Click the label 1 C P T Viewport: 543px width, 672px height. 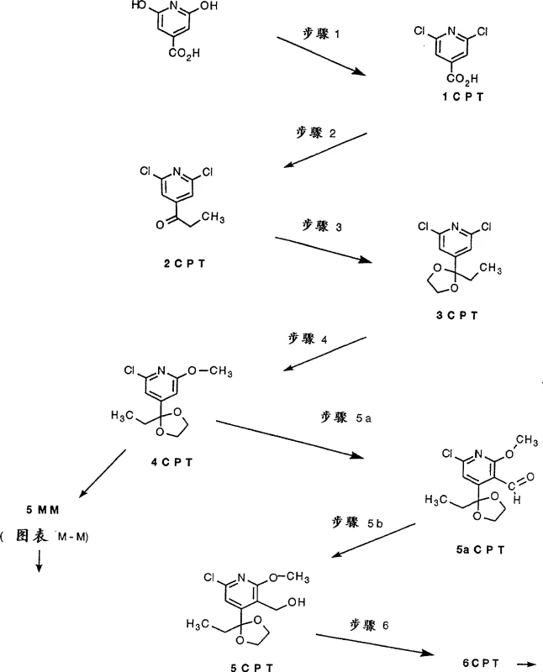[461, 99]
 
